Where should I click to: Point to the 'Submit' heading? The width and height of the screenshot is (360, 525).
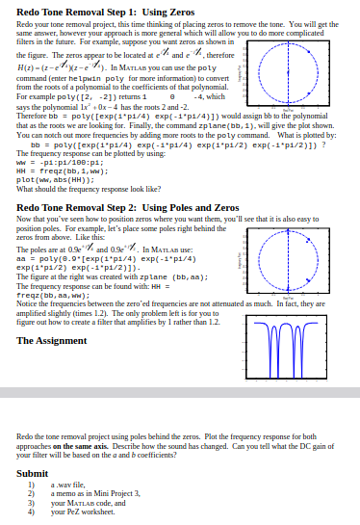click(x=33, y=473)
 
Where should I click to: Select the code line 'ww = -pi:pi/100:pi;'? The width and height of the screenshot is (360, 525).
click(x=53, y=165)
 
